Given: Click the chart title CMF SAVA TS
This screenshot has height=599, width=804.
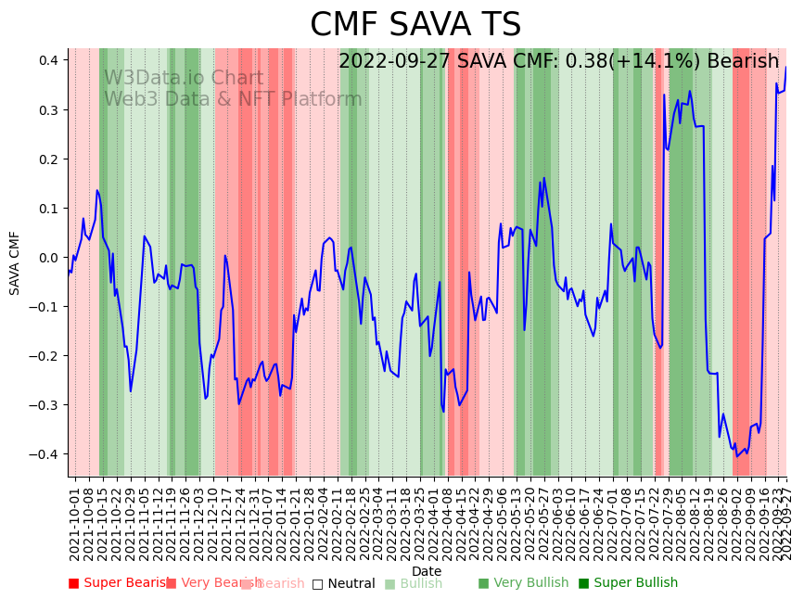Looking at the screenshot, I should pos(415,25).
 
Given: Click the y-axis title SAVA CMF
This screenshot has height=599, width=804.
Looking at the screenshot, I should pos(15,262).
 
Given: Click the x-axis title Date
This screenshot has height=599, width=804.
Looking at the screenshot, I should pos(427,571).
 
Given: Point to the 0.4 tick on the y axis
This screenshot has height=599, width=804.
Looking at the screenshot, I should pos(48,60).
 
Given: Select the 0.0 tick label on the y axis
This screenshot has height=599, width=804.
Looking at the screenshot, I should pos(48,257).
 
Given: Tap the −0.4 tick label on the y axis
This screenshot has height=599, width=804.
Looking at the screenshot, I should pos(45,453).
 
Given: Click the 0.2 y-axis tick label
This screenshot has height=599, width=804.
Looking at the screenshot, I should pos(48,159).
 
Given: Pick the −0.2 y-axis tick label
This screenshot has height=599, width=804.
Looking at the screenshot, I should pos(45,355).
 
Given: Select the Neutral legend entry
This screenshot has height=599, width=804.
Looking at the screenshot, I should pos(343,583).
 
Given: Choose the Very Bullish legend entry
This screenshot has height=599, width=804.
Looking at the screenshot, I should pos(523,583).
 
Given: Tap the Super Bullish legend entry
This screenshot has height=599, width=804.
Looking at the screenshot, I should pos(628,583).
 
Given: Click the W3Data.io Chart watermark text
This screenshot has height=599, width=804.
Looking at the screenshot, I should pos(183,78).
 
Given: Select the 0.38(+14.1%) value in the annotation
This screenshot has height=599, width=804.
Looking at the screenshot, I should pos(630,61).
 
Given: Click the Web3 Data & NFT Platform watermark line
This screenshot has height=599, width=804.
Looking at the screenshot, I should pos(232,99).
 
